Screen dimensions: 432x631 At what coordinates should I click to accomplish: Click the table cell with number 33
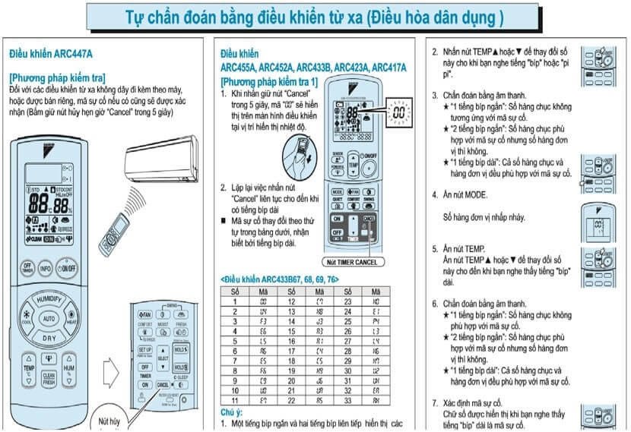(x=347, y=400)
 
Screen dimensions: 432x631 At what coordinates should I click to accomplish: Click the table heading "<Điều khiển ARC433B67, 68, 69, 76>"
(x=280, y=279)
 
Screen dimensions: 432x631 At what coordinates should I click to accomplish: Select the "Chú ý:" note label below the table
(x=231, y=412)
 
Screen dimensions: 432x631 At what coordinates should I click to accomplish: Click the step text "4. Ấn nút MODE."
(x=465, y=194)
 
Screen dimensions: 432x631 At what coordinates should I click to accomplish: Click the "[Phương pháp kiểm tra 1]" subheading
(x=269, y=81)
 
